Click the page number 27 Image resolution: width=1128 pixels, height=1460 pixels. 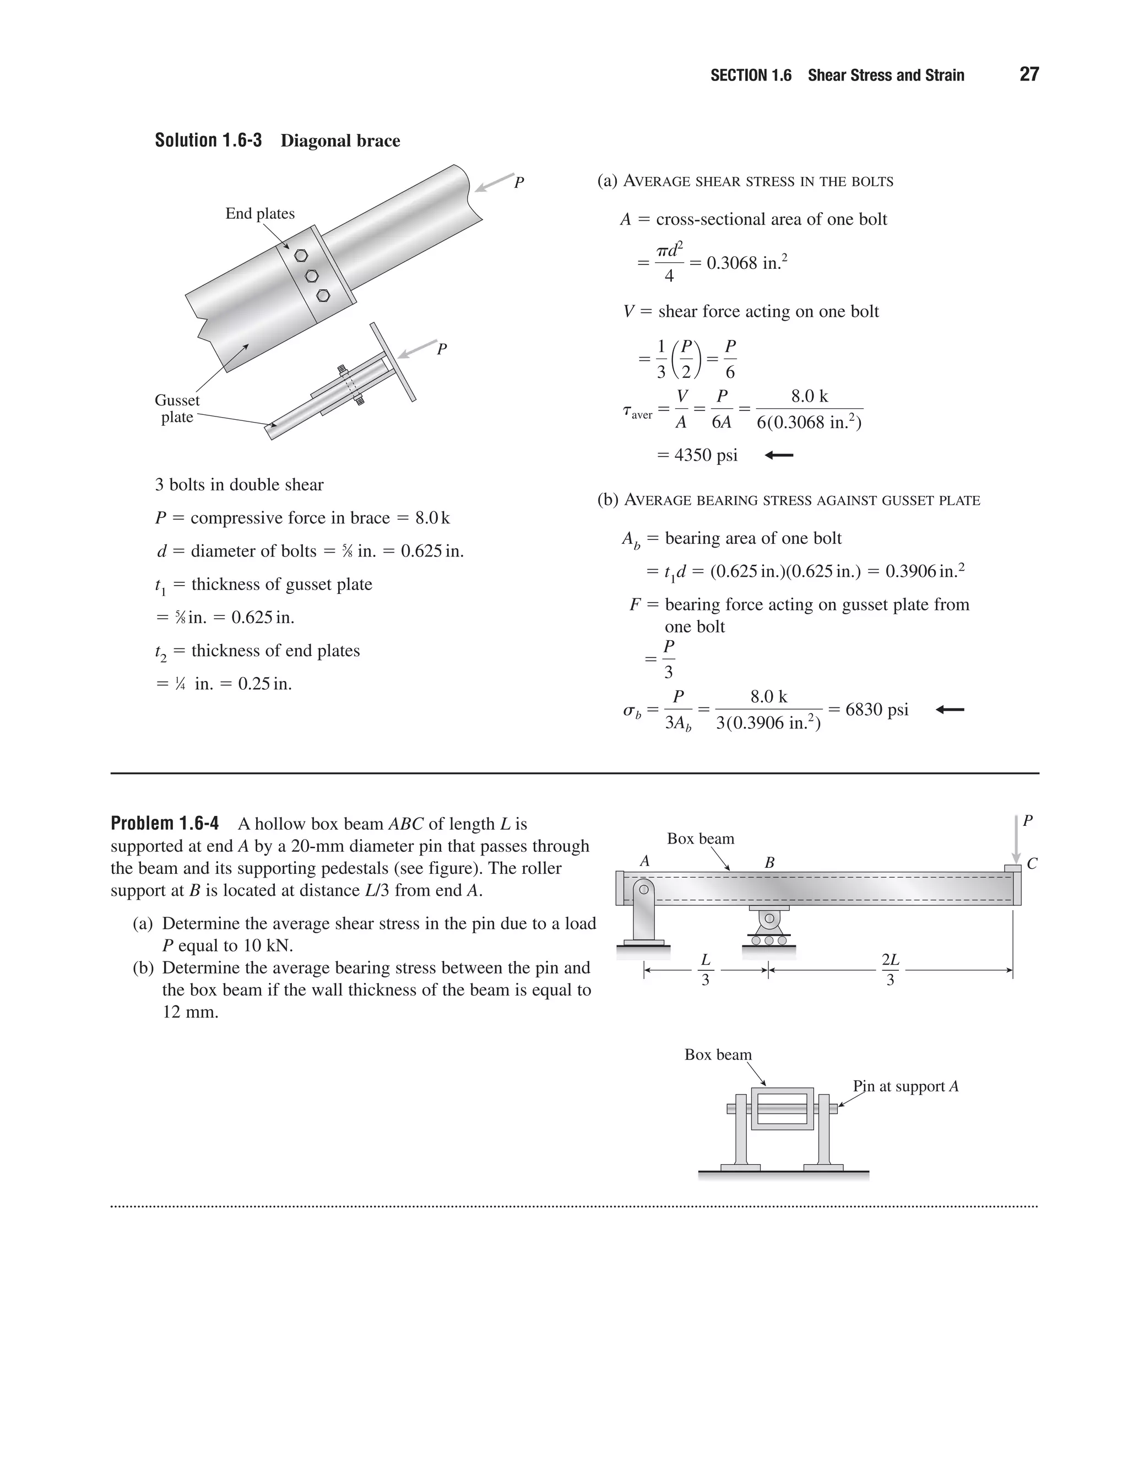click(1029, 74)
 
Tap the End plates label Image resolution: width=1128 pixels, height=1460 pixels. click(259, 213)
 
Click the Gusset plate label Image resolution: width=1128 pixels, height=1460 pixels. click(177, 408)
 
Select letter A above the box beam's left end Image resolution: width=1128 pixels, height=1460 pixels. click(644, 862)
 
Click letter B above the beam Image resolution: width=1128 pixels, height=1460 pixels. click(769, 863)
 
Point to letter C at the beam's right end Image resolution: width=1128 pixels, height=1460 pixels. click(1031, 864)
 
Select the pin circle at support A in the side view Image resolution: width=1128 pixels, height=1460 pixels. click(644, 890)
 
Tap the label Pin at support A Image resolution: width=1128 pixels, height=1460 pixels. click(905, 1086)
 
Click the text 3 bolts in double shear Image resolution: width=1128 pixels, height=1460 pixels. click(239, 485)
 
